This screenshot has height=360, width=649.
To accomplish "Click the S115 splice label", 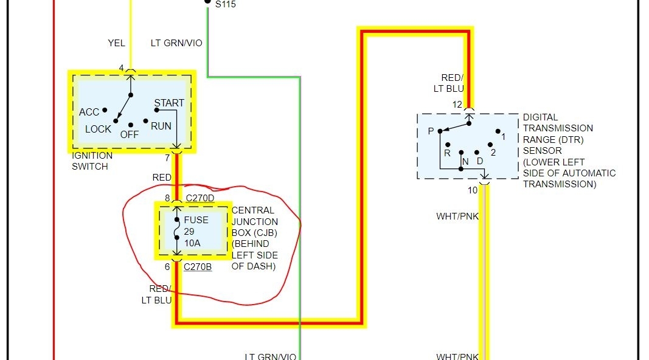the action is (x=226, y=4).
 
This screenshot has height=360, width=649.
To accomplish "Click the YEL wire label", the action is (x=116, y=43).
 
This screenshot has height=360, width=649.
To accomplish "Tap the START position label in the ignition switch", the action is (x=169, y=103).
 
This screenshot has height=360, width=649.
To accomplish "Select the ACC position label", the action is (x=89, y=112).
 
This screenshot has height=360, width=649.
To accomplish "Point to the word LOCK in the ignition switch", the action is (x=98, y=129).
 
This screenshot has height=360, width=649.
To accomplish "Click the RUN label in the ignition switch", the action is (x=161, y=126).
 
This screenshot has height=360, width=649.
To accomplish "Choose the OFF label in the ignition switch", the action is (x=129, y=134).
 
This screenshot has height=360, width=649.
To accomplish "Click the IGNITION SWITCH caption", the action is (x=92, y=161).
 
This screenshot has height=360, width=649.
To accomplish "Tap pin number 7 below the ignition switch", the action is (x=167, y=159).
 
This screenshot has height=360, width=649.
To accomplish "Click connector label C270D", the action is (x=199, y=198).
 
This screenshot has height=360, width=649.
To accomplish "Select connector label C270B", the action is (x=198, y=266).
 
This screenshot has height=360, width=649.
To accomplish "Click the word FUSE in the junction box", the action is (x=196, y=220).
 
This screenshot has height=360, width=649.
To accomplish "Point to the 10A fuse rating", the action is (x=193, y=243).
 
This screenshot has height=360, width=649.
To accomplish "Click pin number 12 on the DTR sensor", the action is (x=457, y=105).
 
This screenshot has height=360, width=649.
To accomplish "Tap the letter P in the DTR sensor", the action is (x=431, y=131).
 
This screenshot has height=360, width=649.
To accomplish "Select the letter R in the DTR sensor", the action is (x=447, y=153).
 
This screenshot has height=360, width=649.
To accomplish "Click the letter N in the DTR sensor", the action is (x=465, y=161).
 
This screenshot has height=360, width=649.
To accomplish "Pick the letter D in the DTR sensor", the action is (x=480, y=161).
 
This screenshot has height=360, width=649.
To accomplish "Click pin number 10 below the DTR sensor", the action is (x=473, y=190).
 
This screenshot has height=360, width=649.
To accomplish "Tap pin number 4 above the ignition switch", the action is (x=121, y=68).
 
